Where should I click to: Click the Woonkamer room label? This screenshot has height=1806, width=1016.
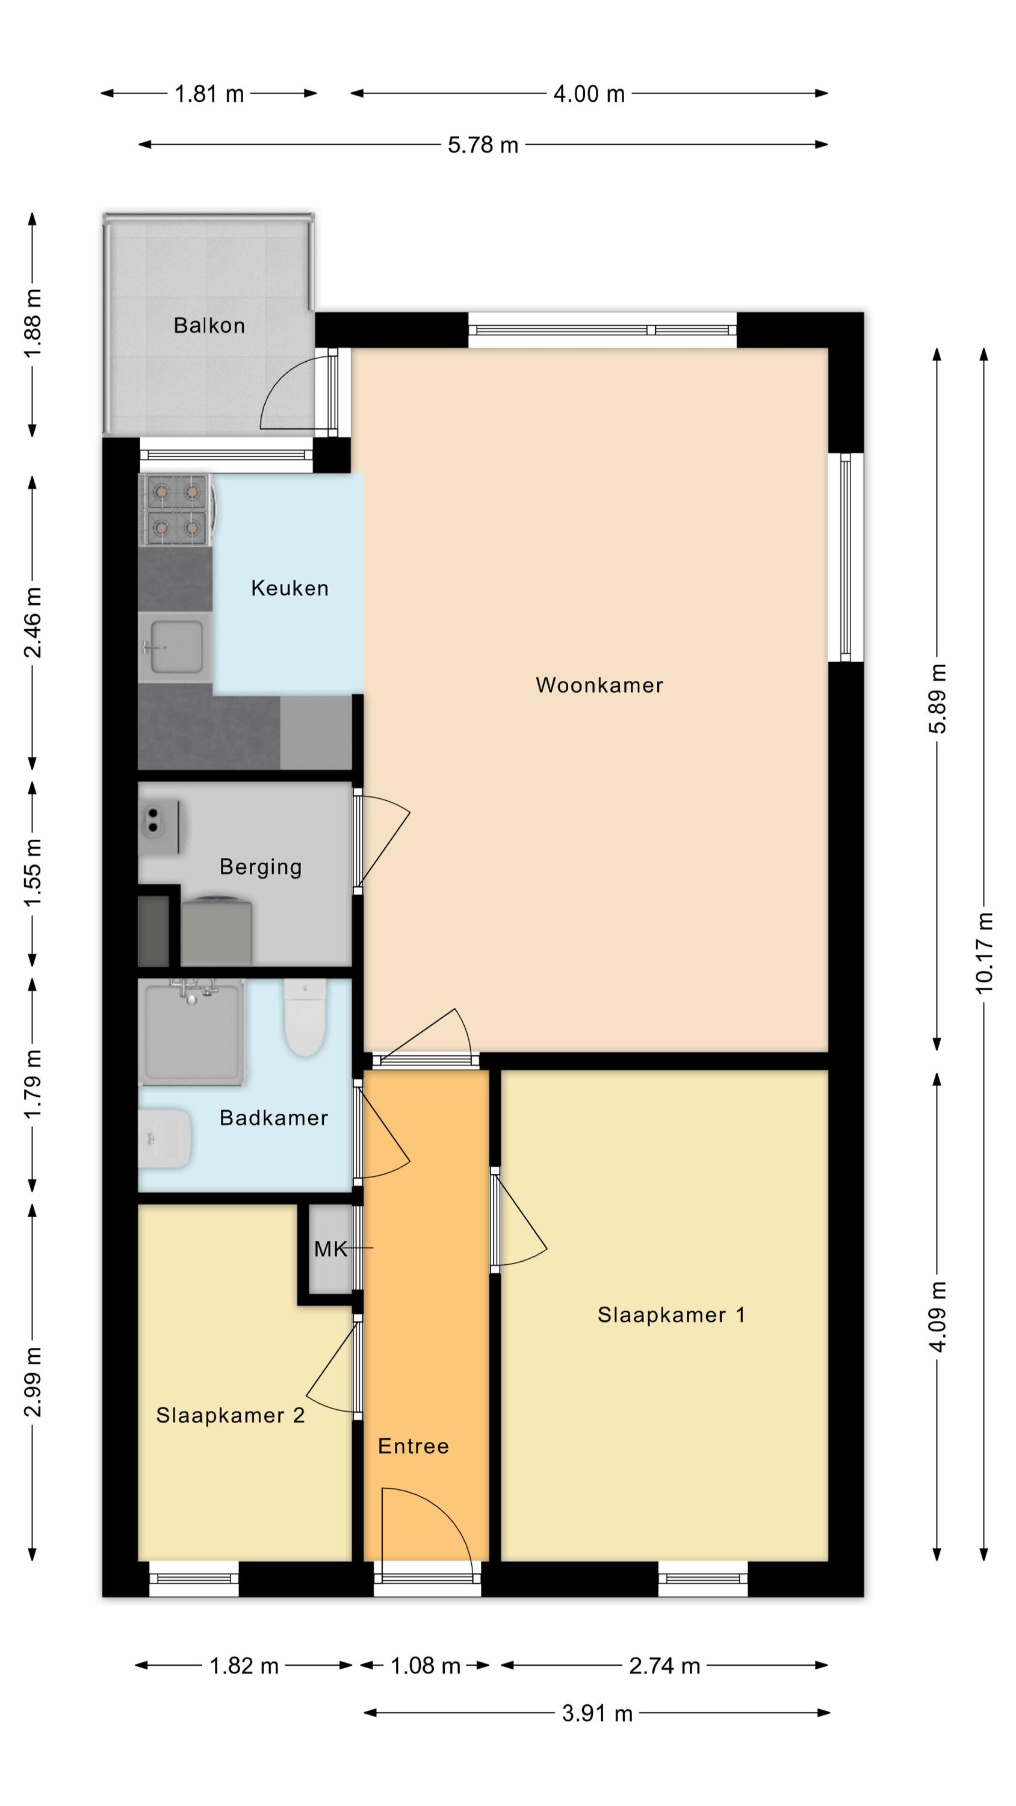click(x=599, y=685)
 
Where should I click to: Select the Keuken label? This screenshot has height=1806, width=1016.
click(x=290, y=588)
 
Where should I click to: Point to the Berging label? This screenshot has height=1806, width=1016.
click(x=261, y=867)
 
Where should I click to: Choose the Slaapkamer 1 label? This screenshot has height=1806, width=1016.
click(x=671, y=1315)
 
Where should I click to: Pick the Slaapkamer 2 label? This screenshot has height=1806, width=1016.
click(x=230, y=1415)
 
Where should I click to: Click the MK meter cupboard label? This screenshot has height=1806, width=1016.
click(x=330, y=1249)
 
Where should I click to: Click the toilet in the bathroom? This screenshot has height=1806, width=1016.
click(x=305, y=1017)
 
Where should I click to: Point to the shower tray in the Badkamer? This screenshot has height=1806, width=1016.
click(x=193, y=1032)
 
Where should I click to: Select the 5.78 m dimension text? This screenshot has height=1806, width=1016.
click(x=483, y=145)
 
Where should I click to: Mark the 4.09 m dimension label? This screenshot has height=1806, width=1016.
click(x=938, y=1316)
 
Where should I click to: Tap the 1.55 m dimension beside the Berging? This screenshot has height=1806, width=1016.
click(x=33, y=872)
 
